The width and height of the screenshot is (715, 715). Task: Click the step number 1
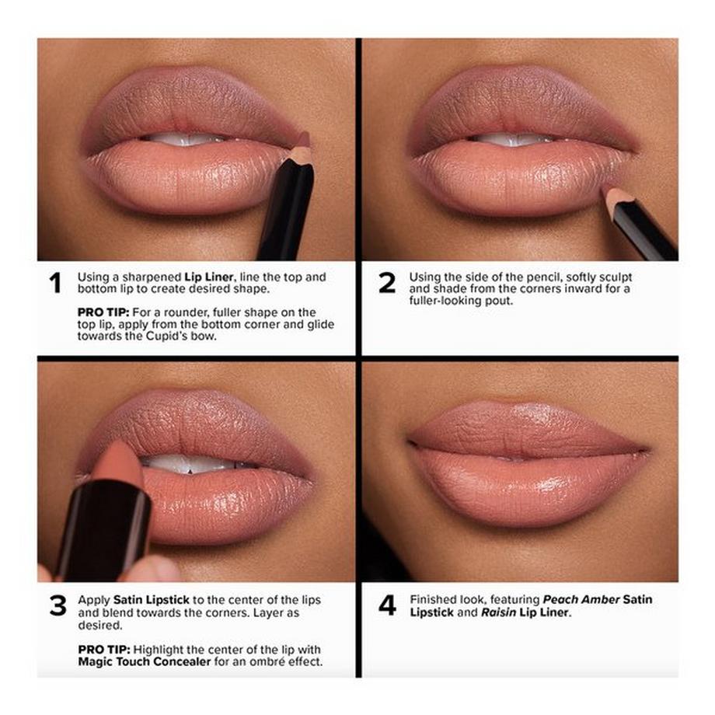pyautogui.click(x=54, y=284)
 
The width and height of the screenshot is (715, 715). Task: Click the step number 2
pyautogui.click(x=387, y=284)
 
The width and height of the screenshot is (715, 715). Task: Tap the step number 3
pyautogui.click(x=58, y=606)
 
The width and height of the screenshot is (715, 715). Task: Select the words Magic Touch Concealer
pyautogui.click(x=134, y=661)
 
